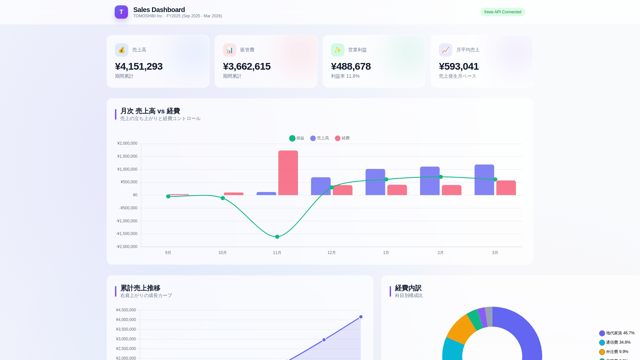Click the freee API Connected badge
[x=502, y=12]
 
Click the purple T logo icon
[x=121, y=12]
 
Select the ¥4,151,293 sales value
[x=139, y=66]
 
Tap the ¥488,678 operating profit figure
[x=351, y=66]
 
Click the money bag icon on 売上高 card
[x=122, y=50]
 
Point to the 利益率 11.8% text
[x=345, y=76]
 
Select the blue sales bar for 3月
[x=484, y=180]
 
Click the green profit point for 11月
[x=277, y=237]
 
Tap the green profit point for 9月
[x=168, y=196]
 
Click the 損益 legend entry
[x=297, y=138]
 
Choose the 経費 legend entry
[x=342, y=138]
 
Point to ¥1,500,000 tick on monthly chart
[x=127, y=156]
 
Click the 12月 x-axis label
[x=331, y=253]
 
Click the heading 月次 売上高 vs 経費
[x=150, y=111]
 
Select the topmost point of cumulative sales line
[x=361, y=317]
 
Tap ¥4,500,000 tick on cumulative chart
[x=126, y=310]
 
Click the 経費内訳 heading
[x=408, y=288]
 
